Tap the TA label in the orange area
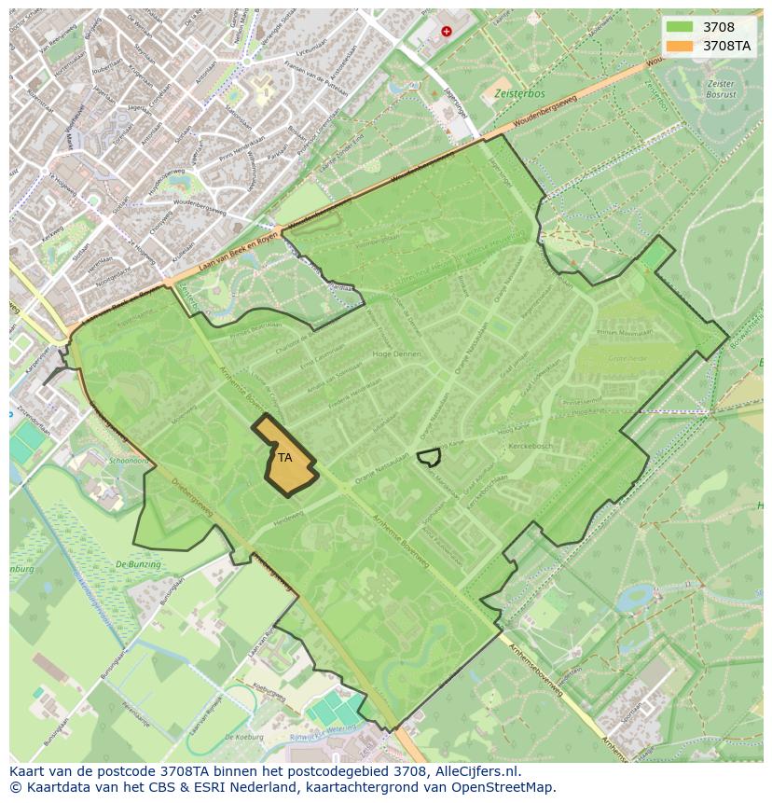point(284,457)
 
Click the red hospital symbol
point(446,31)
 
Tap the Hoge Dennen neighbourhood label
point(396,354)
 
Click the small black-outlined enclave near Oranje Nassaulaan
point(429,456)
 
